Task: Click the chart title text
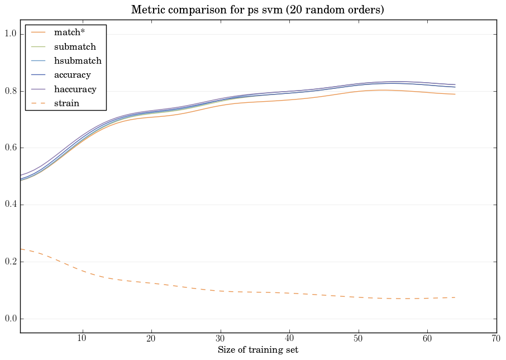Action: pyautogui.click(x=257, y=10)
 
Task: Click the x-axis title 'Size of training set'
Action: pyautogui.click(x=257, y=350)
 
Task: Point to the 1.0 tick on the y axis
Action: pyautogui.click(x=9, y=35)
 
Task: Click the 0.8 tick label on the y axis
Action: pyautogui.click(x=9, y=91)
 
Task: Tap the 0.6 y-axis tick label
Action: pyautogui.click(x=9, y=148)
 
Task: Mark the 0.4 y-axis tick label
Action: pyautogui.click(x=9, y=205)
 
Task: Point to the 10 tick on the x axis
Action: pyautogui.click(x=82, y=338)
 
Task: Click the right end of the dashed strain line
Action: pyautogui.click(x=455, y=297)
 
